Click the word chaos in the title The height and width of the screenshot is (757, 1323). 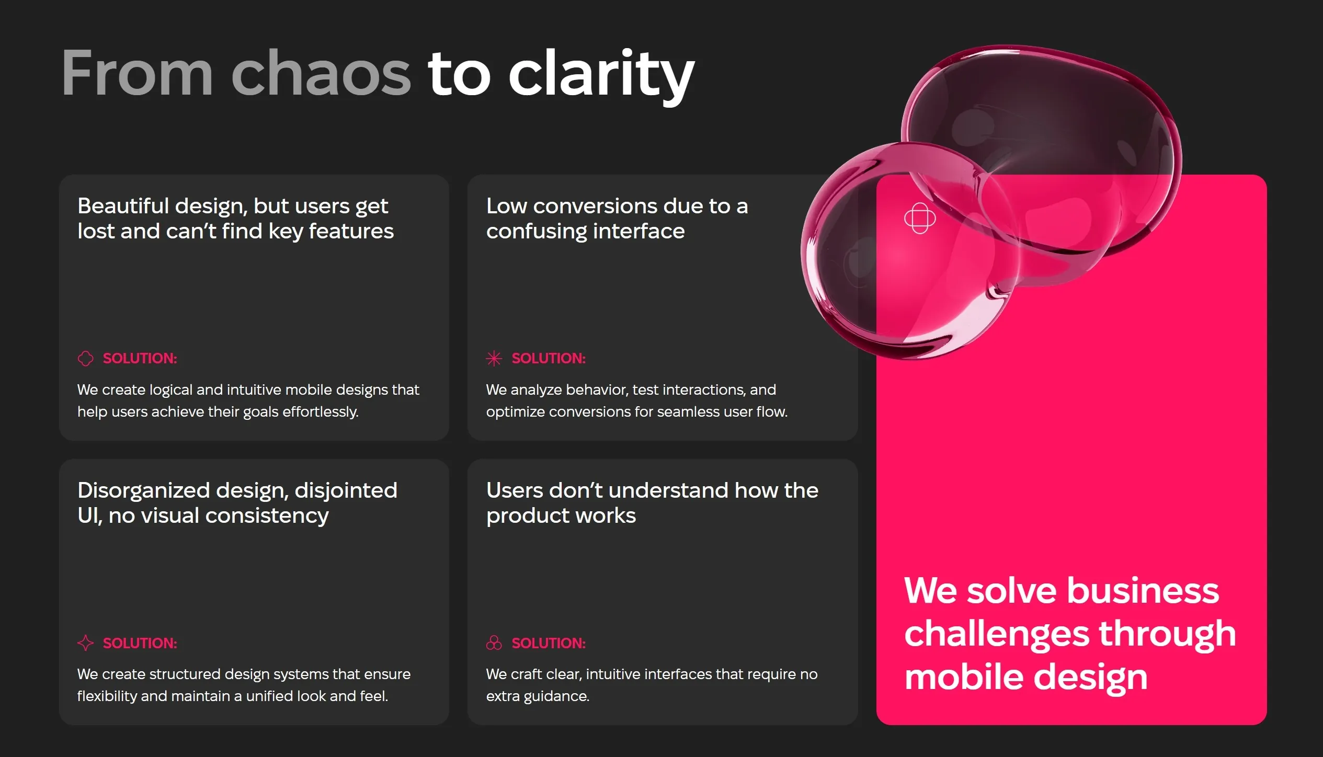[321, 73]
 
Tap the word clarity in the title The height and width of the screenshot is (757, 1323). [601, 76]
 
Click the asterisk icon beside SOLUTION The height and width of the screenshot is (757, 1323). [494, 358]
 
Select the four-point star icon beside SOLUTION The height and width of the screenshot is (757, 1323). [85, 643]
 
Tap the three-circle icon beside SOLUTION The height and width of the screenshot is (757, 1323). [494, 643]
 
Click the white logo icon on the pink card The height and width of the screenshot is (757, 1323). [920, 218]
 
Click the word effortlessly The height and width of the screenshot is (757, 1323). [320, 412]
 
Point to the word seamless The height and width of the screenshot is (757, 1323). [688, 412]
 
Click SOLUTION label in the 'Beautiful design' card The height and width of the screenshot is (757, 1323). [140, 358]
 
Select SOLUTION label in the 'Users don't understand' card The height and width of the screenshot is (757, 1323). [549, 643]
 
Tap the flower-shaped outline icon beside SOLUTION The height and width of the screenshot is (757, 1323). [85, 358]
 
